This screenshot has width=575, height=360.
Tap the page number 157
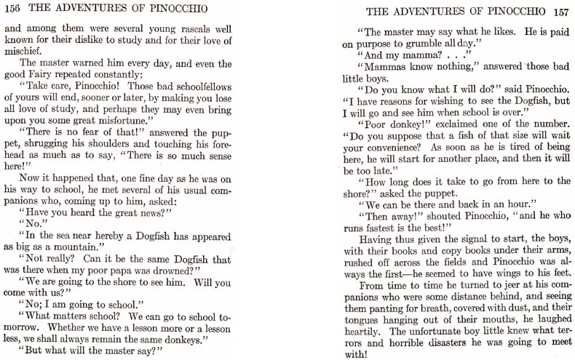560,12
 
